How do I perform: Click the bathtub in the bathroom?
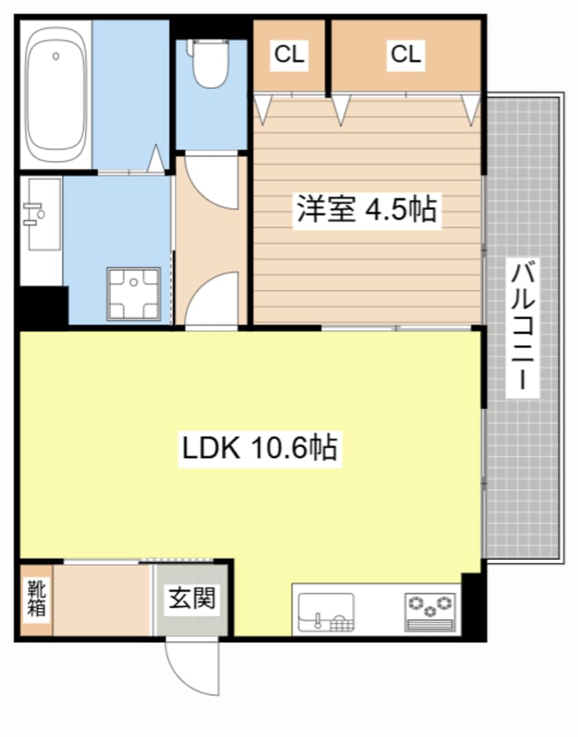[55, 94]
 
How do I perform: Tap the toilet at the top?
[210, 63]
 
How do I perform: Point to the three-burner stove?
[430, 608]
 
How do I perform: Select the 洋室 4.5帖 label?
[366, 209]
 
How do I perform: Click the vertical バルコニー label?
[523, 326]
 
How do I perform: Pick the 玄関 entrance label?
[192, 599]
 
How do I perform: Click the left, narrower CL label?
[289, 55]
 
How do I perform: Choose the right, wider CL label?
[406, 55]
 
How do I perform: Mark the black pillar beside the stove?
[473, 606]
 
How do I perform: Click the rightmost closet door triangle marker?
[471, 109]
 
